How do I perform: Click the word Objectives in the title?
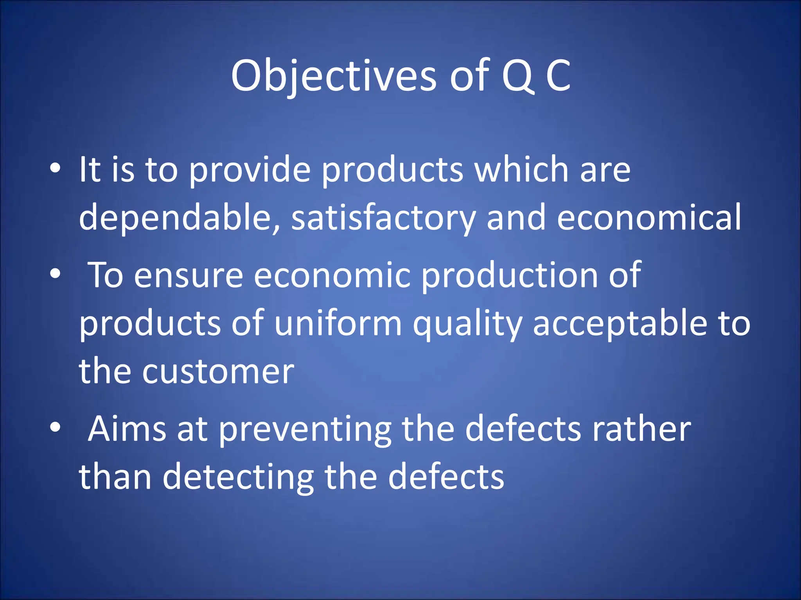point(333,76)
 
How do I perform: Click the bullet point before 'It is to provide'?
point(56,168)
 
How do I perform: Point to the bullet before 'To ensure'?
point(56,274)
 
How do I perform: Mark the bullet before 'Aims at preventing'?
point(56,428)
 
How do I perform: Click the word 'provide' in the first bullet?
point(250,170)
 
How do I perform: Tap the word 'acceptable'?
point(620,324)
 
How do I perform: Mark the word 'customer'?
point(218,372)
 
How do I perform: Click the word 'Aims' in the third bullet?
point(127,429)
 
